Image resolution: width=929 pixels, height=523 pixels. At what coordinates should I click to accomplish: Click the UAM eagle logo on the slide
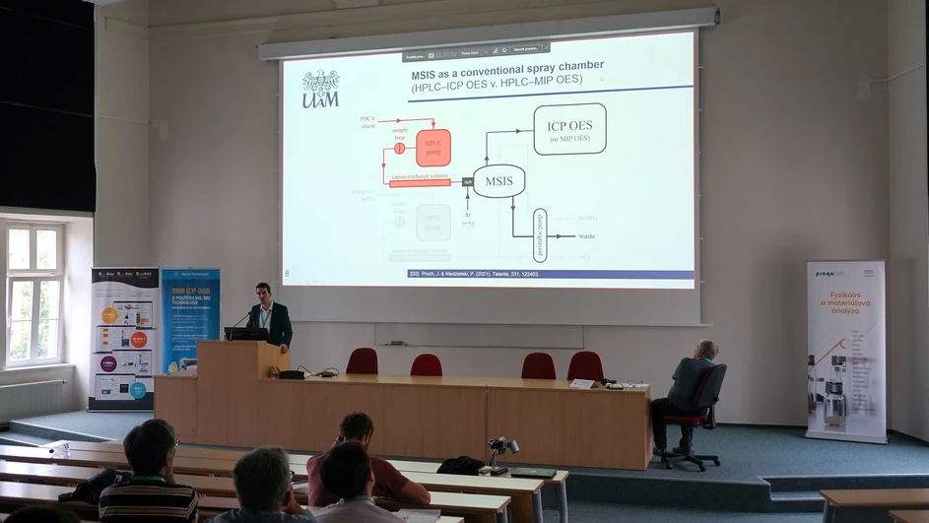pyautogui.click(x=320, y=88)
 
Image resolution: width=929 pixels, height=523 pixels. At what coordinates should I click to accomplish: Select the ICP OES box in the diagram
pyautogui.click(x=569, y=129)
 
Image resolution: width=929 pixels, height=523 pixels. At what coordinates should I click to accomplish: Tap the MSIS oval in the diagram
pyautogui.click(x=498, y=181)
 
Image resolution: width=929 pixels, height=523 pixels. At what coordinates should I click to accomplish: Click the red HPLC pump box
pyautogui.click(x=432, y=148)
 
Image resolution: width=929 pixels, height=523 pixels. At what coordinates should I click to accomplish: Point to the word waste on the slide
pyautogui.click(x=586, y=236)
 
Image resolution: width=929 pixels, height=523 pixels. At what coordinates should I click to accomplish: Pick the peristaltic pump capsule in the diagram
pyautogui.click(x=539, y=234)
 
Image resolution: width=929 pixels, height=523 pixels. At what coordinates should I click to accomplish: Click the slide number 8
pyautogui.click(x=287, y=273)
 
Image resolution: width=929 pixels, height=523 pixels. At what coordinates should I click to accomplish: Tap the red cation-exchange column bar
pyautogui.click(x=420, y=182)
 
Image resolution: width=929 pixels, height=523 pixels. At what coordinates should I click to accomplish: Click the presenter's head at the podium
pyautogui.click(x=262, y=292)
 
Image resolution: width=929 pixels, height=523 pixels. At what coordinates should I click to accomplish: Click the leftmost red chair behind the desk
pyautogui.click(x=363, y=360)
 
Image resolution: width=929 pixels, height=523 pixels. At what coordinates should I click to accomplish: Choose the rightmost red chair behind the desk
pyautogui.click(x=586, y=365)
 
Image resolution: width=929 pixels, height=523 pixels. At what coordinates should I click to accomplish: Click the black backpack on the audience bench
pyautogui.click(x=461, y=465)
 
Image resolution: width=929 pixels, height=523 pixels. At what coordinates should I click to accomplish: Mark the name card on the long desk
pyautogui.click(x=582, y=383)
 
